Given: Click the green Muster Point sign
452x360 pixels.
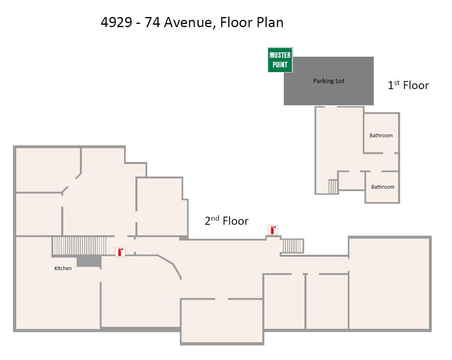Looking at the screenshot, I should [280, 60].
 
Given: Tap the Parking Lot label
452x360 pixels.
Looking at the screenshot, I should [328, 81].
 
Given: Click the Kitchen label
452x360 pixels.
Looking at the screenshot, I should [63, 268].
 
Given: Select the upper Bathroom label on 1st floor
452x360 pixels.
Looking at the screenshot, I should [381, 136].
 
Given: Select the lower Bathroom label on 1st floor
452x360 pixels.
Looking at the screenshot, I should [382, 187].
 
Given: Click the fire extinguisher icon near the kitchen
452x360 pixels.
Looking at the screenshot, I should [120, 252].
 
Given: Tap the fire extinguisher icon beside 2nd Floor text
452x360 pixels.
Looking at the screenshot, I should [273, 230].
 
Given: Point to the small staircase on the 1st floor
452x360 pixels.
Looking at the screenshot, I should [333, 187].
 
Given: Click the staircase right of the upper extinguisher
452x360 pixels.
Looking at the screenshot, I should [293, 246].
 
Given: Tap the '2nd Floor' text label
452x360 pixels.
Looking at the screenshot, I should [226, 221].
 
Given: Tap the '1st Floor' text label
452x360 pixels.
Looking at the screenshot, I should [408, 85].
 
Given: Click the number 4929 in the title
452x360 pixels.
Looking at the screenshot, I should [116, 22].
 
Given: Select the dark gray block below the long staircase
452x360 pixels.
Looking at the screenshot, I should [88, 261].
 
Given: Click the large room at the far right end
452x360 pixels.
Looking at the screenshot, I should [389, 283].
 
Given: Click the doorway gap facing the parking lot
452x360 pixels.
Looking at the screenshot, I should [331, 107].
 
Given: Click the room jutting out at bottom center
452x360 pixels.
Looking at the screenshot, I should [222, 322].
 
